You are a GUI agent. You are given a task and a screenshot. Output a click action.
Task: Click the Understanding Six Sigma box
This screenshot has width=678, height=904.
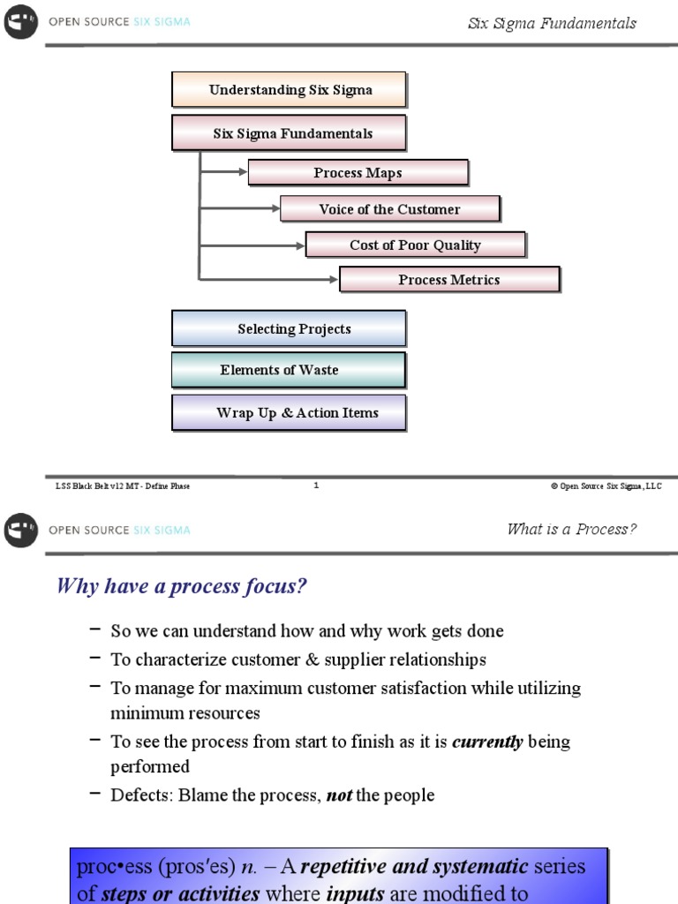(289, 90)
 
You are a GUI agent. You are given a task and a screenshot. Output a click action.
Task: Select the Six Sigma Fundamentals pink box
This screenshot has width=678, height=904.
(289, 133)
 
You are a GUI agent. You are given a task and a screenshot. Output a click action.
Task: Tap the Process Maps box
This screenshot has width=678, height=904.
(358, 173)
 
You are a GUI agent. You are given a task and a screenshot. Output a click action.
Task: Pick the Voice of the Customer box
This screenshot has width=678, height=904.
(389, 209)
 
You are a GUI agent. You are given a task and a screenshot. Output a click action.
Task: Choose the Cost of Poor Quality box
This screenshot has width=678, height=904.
(415, 245)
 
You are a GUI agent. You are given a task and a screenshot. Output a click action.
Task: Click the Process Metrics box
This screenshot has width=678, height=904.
(448, 280)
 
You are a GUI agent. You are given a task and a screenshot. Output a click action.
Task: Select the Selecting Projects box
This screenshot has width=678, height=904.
(289, 328)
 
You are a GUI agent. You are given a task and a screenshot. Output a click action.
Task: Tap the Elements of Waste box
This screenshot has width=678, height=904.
(289, 370)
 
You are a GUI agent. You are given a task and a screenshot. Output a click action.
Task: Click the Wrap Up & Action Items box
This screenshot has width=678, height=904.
(289, 412)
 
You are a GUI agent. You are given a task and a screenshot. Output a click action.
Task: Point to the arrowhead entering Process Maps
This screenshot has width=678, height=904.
(243, 173)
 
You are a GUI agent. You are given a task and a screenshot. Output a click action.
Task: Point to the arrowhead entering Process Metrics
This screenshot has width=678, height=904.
(334, 280)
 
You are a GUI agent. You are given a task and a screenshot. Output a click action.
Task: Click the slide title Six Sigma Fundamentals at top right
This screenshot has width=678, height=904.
(552, 24)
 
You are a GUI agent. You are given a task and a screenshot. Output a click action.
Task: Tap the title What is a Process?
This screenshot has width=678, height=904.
(571, 530)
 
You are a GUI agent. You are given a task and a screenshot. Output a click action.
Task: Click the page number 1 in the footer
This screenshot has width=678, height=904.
(316, 485)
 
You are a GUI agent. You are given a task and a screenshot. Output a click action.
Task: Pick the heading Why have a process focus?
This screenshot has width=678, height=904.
(182, 586)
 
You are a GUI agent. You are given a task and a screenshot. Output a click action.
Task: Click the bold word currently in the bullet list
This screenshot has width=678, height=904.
(487, 742)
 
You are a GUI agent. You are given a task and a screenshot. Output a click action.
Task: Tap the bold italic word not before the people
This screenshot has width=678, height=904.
(339, 795)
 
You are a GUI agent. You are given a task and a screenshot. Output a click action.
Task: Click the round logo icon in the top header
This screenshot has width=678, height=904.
(20, 23)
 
